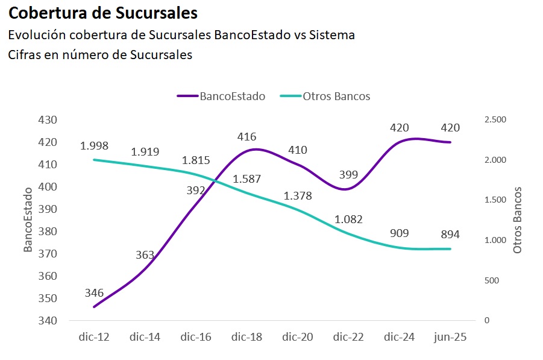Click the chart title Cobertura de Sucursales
tap(102, 12)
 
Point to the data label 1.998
tap(95, 146)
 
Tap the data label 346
tap(94, 294)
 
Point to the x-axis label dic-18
tap(246, 338)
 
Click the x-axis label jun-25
tap(450, 338)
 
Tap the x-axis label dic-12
tap(94, 338)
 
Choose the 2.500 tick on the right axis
tap(495, 120)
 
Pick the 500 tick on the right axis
tap(491, 280)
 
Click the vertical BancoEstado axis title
tap(28, 220)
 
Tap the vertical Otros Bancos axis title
tap(516, 220)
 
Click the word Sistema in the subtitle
tap(331, 35)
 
